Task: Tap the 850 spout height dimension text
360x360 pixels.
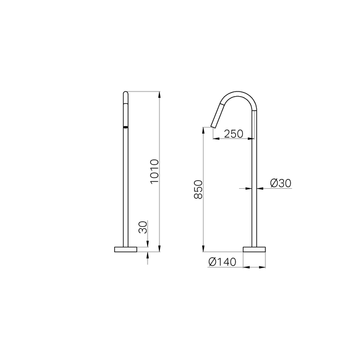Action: pyautogui.click(x=199, y=190)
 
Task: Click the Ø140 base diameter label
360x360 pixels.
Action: pyautogui.click(x=222, y=262)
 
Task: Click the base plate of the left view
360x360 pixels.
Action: pyautogui.click(x=125, y=249)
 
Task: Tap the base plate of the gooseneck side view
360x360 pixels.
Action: pyautogui.click(x=255, y=249)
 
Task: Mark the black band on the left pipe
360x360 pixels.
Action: pyautogui.click(x=125, y=125)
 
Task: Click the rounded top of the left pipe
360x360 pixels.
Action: pyautogui.click(x=125, y=94)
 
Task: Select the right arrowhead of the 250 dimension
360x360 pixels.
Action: pyautogui.click(x=252, y=138)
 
